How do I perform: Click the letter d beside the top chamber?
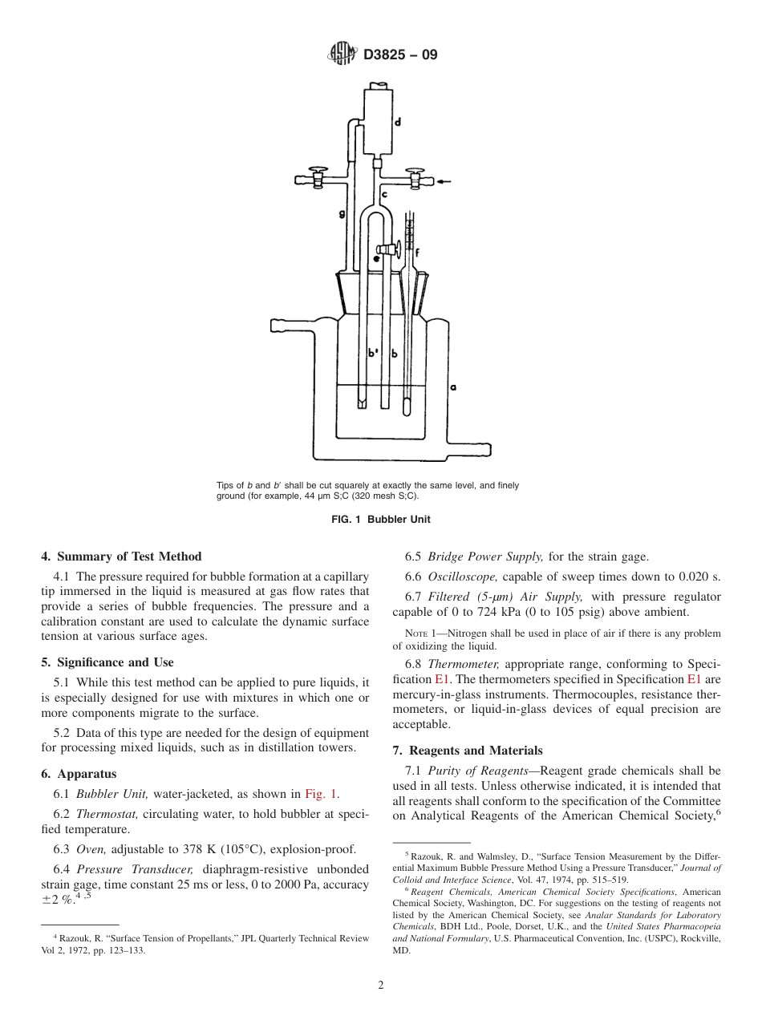(x=398, y=123)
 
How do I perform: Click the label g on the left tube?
(x=342, y=214)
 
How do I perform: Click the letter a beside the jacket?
(x=454, y=387)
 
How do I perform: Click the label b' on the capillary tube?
(x=372, y=353)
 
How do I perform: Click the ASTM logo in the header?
(x=342, y=55)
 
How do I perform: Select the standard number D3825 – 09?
(x=400, y=56)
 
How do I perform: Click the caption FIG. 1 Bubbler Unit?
(x=381, y=519)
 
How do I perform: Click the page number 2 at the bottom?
(x=381, y=986)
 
